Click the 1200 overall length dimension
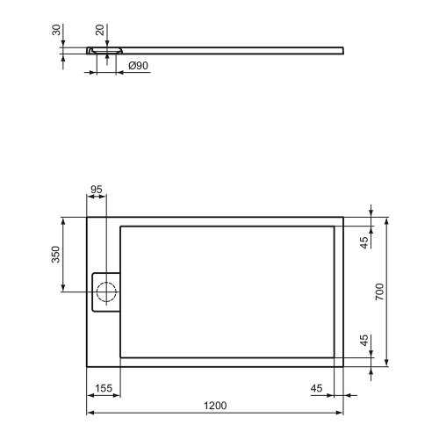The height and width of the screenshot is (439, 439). (215, 405)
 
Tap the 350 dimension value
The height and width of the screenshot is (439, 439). (55, 255)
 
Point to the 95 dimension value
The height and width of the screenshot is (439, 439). (97, 190)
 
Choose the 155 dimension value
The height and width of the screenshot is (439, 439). (102, 388)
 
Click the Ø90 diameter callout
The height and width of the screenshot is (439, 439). (138, 66)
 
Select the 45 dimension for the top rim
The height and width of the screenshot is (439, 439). (364, 242)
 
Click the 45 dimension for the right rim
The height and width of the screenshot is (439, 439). (317, 388)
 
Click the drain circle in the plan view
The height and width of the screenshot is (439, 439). (107, 293)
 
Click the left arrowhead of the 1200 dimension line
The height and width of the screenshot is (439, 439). (89, 413)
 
